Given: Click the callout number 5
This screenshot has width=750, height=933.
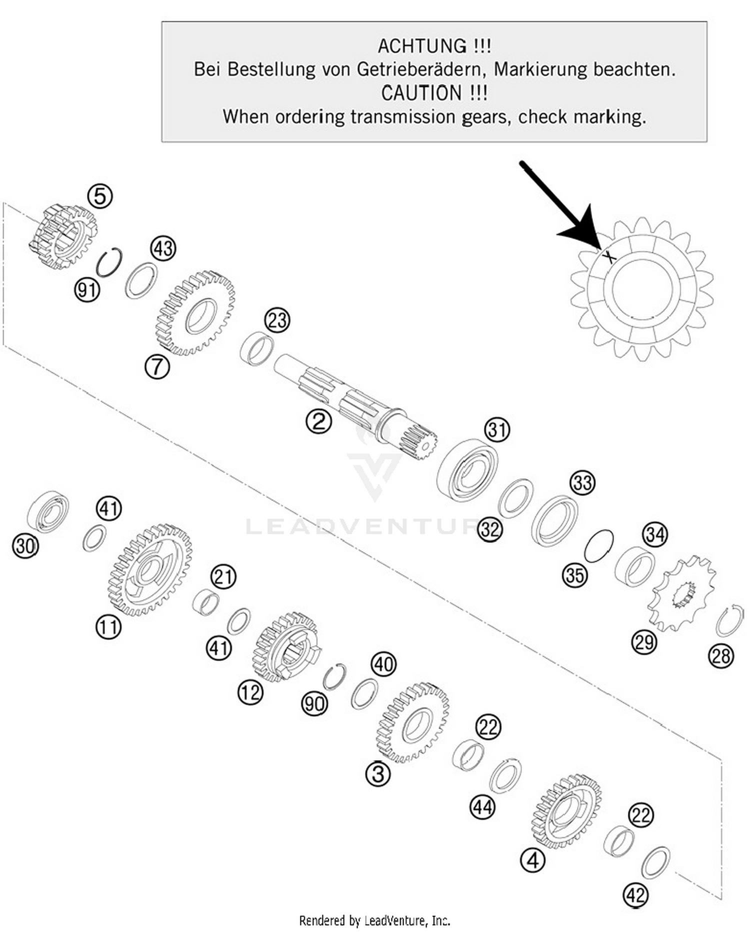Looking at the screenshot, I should pos(100,196).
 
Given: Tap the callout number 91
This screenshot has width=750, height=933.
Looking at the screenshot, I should pos(87,289).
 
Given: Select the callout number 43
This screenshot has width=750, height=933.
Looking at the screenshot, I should pos(163,248).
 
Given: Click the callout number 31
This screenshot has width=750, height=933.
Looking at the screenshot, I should pos(497,430).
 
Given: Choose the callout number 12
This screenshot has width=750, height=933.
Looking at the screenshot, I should pos(250,692).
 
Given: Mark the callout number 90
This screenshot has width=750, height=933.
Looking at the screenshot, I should pos(314,704).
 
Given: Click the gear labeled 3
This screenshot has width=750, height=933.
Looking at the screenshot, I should pos(413,723).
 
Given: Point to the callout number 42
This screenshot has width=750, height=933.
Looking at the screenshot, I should pos(636,895).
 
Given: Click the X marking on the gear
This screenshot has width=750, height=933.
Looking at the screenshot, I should pos(608,257).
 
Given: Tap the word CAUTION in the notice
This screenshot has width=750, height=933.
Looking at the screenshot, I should pos(421,93).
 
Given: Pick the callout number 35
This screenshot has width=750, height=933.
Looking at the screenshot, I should pos(574,575).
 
